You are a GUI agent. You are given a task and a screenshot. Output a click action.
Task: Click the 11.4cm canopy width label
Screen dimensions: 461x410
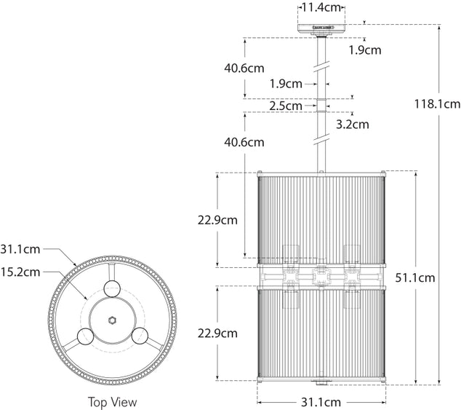[x=321, y=7]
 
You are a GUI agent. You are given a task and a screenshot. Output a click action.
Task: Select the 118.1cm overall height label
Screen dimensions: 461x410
[x=437, y=104]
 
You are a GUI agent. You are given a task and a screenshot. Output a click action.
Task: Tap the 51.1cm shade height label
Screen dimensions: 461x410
[x=415, y=277]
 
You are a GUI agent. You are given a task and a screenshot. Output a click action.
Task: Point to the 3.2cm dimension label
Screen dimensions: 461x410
[x=352, y=125]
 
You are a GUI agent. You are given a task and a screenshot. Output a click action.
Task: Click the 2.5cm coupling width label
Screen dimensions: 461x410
[x=286, y=106]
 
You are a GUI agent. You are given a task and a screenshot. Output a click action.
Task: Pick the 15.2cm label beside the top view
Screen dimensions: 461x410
[x=20, y=272]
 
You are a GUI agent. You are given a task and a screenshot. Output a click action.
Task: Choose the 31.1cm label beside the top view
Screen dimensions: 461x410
[x=20, y=249]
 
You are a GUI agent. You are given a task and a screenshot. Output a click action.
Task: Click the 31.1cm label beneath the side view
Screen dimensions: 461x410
[x=321, y=402]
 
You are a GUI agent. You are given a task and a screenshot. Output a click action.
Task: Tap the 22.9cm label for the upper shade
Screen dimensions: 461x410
[x=217, y=220]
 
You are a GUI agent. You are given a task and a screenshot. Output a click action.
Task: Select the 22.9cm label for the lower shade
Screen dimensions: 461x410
[x=217, y=333]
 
